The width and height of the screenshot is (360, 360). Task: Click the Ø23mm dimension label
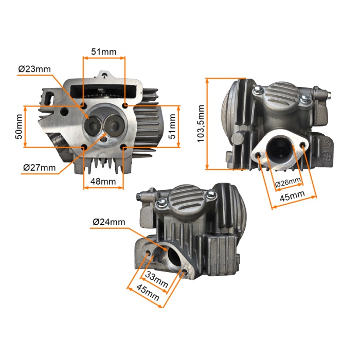pyautogui.click(x=34, y=69)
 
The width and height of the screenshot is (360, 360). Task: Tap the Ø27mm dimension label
pyautogui.click(x=39, y=168)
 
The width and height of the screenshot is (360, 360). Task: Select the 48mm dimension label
pyautogui.click(x=103, y=182)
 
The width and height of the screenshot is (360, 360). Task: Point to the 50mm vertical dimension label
pyautogui.click(x=19, y=127)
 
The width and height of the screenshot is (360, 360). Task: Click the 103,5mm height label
pyautogui.click(x=201, y=123)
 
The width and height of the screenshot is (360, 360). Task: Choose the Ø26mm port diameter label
pyautogui.click(x=288, y=182)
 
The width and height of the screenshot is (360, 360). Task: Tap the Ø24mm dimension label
pyautogui.click(x=109, y=222)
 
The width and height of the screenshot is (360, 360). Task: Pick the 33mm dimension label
pyautogui.click(x=156, y=279)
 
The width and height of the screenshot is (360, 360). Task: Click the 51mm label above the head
pyautogui.click(x=104, y=51)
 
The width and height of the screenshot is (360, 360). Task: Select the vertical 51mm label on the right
pyautogui.click(x=172, y=127)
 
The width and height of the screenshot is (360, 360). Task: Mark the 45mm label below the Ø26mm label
pyautogui.click(x=292, y=195)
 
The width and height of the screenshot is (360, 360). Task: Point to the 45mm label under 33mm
pyautogui.click(x=148, y=292)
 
